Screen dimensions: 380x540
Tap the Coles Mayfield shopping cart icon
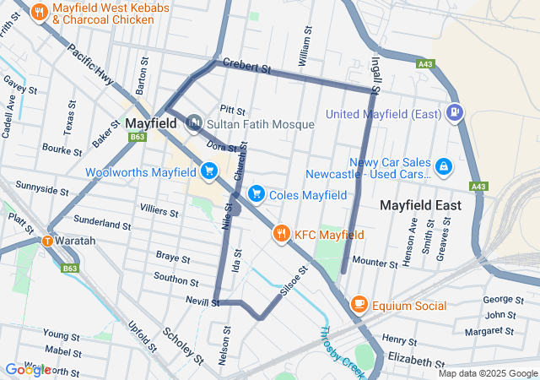click(255, 195)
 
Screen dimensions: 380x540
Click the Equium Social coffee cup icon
click(359, 304)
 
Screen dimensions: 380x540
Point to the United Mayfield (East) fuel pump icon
click(455, 111)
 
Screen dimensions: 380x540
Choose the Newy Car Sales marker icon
click(443, 168)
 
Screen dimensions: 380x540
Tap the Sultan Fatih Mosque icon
click(193, 124)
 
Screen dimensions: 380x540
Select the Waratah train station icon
click(47, 241)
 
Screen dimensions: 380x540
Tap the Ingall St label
click(376, 75)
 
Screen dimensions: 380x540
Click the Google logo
click(27, 370)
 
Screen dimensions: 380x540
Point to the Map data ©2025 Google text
click(487, 373)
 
